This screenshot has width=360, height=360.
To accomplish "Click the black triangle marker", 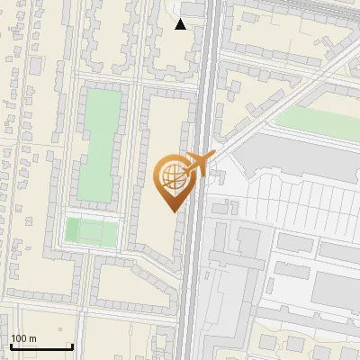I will pos(181,24).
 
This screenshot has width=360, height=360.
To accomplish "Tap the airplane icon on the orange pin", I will pos(197,165).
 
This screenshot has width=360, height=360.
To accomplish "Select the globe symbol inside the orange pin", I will pos(172,178).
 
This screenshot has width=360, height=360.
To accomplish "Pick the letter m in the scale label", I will pos(32,338).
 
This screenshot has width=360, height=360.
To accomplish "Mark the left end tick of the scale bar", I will pos(11,346).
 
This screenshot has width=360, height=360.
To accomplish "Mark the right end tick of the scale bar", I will pos(72,346).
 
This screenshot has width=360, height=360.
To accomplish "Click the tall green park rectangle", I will pos(95,144).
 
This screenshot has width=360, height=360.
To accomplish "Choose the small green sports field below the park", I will pos(91,232).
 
